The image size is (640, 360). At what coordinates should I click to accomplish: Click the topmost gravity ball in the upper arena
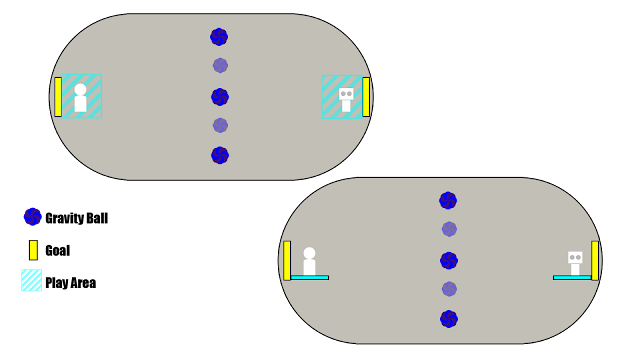[x=219, y=37]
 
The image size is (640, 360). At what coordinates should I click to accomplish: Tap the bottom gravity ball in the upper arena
[x=220, y=156]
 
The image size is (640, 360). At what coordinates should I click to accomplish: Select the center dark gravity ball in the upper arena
[x=220, y=97]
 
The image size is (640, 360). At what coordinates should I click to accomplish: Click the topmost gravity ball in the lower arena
[x=448, y=200]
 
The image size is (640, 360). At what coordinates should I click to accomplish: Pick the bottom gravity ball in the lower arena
[x=449, y=319]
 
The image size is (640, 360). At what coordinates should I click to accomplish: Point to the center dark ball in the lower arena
[x=449, y=260]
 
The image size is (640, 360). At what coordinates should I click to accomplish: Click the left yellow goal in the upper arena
[x=58, y=97]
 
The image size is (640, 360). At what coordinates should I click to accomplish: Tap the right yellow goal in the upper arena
[x=366, y=97]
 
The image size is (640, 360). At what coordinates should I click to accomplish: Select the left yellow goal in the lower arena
[x=287, y=260]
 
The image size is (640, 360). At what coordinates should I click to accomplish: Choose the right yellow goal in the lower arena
[x=595, y=260]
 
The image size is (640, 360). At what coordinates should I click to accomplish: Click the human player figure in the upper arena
[x=80, y=98]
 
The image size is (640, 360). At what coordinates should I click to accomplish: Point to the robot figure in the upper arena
[x=346, y=100]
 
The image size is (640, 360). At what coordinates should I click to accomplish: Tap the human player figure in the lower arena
[x=309, y=261]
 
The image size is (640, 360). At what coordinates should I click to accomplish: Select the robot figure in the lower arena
[x=575, y=263]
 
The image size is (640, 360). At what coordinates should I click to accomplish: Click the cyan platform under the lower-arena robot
[x=572, y=278]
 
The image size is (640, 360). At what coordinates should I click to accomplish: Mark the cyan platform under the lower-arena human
[x=310, y=278]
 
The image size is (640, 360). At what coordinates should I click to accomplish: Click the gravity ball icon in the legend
[x=33, y=217]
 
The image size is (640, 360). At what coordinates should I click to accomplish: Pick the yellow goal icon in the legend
[x=33, y=250]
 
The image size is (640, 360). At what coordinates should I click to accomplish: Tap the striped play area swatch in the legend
[x=31, y=280]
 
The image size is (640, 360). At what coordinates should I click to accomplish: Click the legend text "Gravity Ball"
[x=77, y=218]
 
